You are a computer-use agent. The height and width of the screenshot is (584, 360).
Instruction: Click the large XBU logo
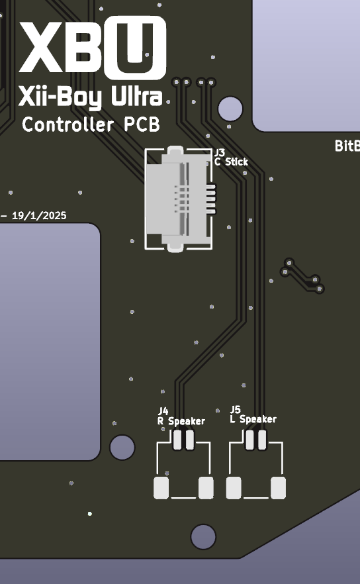click(93, 48)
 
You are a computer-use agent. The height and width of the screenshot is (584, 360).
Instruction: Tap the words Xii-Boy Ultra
click(91, 97)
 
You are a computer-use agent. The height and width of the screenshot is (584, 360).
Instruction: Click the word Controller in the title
click(67, 124)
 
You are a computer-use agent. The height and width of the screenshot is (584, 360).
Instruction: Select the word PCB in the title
click(142, 124)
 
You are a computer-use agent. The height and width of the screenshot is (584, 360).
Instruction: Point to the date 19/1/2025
click(39, 216)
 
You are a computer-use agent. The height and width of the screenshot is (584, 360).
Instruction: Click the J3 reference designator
click(220, 152)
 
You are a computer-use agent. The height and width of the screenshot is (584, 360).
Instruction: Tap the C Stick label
click(231, 162)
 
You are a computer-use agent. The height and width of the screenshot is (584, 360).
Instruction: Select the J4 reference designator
click(163, 411)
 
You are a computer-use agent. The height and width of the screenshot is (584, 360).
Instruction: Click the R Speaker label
click(181, 421)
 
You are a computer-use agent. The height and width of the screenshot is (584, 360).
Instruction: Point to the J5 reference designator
click(236, 410)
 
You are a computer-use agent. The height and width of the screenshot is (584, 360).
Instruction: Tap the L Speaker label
click(253, 419)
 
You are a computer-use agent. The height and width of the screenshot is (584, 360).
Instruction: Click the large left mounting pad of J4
click(161, 488)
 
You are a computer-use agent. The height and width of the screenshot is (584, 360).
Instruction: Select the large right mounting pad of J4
click(206, 488)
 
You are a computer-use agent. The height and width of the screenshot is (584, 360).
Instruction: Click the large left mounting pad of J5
click(234, 488)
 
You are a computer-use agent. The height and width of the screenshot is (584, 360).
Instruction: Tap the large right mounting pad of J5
click(278, 488)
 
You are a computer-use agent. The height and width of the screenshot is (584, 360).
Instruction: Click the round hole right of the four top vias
click(230, 109)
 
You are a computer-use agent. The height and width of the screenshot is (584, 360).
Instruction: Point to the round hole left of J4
click(122, 448)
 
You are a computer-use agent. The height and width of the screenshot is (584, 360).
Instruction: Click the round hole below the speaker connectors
click(203, 537)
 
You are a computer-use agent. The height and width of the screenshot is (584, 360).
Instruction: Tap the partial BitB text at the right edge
click(347, 146)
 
